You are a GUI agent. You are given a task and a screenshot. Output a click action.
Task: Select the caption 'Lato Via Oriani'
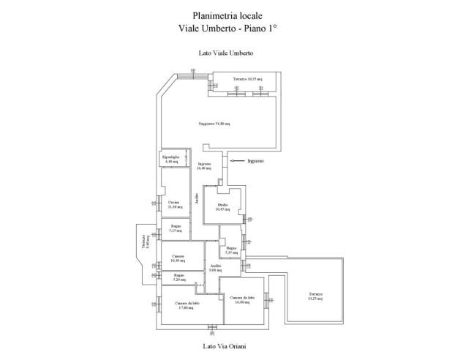225,346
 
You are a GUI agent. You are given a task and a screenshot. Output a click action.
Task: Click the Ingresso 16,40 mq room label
204,165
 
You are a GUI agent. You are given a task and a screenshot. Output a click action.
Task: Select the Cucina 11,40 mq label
174,204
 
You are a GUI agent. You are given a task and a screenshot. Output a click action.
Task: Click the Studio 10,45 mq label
222,207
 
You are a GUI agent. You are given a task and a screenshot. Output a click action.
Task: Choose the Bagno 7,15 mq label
176,228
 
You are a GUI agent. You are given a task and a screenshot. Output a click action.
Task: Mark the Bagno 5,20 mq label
178,277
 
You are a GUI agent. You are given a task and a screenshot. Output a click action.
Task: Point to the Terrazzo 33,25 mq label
316,296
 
